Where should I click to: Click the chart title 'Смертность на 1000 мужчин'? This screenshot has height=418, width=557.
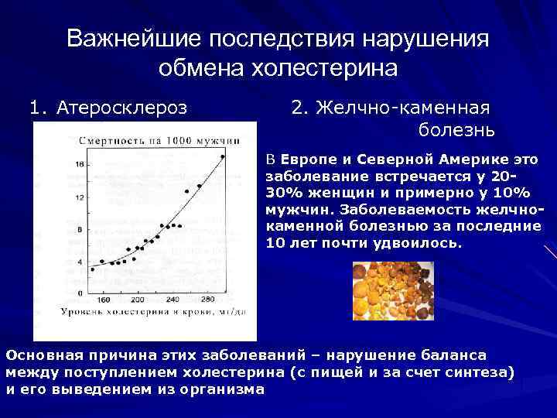[159, 141]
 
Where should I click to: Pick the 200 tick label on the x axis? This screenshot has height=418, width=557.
[138, 300]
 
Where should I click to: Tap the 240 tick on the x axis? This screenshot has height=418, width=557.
[173, 300]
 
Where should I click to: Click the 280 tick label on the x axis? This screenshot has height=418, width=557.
[207, 300]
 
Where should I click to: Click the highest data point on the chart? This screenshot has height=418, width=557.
[223, 156]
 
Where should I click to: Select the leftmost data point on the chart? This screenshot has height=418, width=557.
[92, 269]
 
